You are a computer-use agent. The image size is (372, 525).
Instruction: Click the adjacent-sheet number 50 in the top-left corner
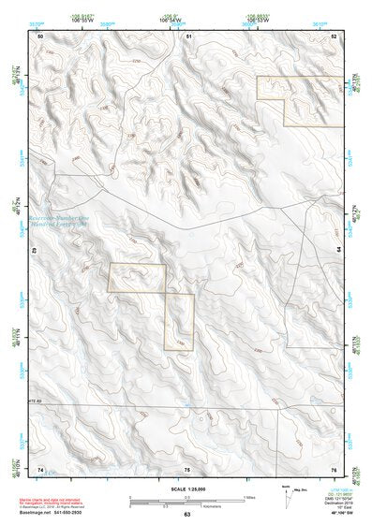(x=40, y=36)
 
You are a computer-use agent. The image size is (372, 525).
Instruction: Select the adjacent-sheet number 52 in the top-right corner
(x=334, y=36)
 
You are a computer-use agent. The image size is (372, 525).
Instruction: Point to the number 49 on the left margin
(x=36, y=252)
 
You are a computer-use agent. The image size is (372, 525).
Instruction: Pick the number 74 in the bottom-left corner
(x=40, y=468)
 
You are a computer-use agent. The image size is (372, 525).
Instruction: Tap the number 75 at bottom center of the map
(x=187, y=469)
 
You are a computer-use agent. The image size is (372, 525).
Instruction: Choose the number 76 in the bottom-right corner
(x=333, y=468)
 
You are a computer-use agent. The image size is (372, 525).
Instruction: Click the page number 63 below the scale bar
(x=187, y=515)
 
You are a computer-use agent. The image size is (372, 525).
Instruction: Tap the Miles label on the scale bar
(x=249, y=497)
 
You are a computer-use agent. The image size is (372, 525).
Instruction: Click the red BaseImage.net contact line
(x=55, y=513)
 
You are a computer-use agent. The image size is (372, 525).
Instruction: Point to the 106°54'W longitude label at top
(x=170, y=21)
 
